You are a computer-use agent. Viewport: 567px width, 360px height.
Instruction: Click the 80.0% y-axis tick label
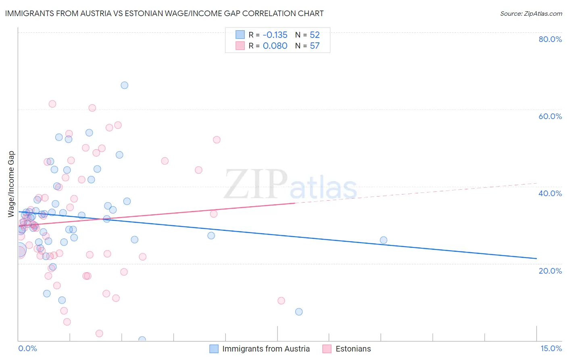click(550, 39)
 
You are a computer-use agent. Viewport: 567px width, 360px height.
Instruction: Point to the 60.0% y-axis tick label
click(550, 116)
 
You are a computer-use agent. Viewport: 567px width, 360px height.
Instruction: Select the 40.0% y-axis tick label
click(550, 193)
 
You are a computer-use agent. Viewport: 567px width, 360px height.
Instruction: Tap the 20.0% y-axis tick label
click(550, 270)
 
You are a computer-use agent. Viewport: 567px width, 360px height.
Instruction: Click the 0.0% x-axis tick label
click(27, 348)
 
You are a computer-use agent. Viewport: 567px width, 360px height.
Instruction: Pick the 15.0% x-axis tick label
click(551, 348)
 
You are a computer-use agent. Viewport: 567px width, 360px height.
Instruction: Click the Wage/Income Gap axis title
click(11, 184)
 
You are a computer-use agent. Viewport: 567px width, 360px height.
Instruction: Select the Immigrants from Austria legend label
click(266, 349)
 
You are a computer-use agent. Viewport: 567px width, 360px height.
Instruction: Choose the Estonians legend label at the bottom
click(353, 349)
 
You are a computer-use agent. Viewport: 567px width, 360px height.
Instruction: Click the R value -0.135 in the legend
click(275, 35)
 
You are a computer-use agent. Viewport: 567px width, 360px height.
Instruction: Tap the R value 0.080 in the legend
click(275, 46)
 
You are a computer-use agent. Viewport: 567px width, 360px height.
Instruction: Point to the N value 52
click(315, 35)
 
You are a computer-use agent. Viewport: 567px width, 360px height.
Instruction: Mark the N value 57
click(315, 46)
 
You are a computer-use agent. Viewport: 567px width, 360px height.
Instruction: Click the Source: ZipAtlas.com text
click(531, 14)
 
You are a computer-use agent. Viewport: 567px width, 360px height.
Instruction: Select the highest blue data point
click(125, 85)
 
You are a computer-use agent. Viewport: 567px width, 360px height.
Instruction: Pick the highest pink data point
click(52, 104)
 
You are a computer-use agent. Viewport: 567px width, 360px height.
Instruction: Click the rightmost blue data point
click(384, 240)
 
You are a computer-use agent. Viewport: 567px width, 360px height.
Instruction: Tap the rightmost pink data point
click(281, 301)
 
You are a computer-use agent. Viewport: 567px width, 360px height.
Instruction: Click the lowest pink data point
click(99, 333)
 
